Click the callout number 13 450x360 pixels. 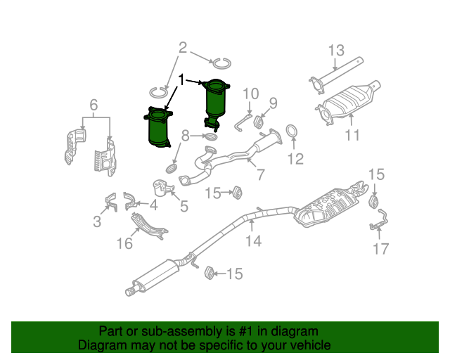(336, 50)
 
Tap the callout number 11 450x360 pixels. (352, 134)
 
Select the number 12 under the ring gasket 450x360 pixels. (295, 160)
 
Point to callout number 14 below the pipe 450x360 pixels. (253, 241)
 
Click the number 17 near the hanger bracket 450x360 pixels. (380, 248)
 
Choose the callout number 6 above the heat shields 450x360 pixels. (93, 105)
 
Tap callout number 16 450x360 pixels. (124, 244)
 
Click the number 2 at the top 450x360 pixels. (183, 49)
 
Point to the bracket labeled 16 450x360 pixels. (149, 226)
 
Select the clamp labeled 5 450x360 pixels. (163, 188)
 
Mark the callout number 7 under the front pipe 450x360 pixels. (260, 174)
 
